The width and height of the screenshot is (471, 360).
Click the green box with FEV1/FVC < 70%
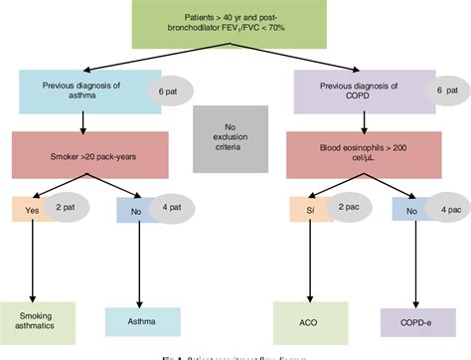coord(235,27)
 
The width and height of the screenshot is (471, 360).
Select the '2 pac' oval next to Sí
coord(343,210)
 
